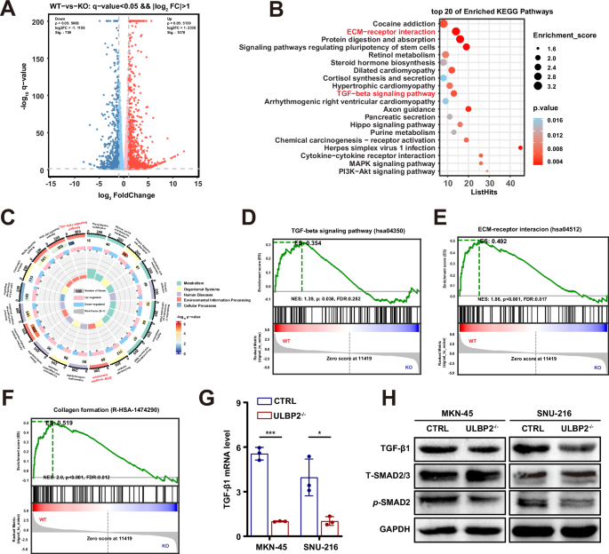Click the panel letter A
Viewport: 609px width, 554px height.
click(9, 10)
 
